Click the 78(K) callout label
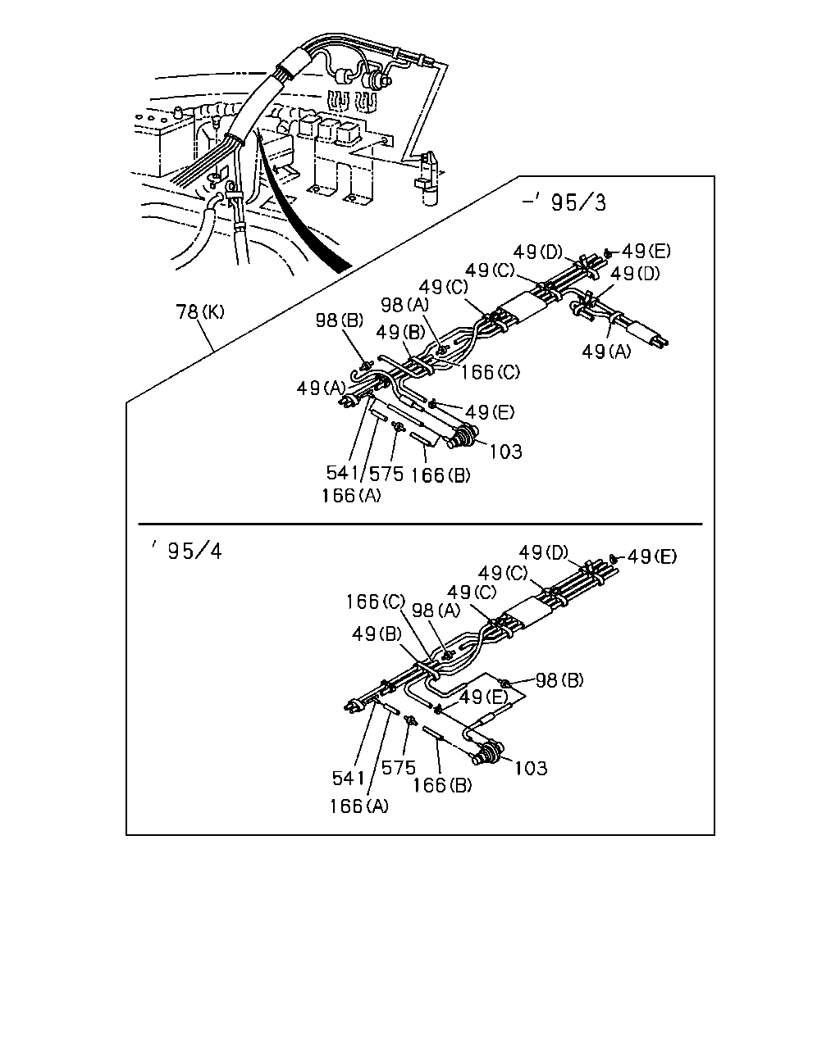coord(200,311)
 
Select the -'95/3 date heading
coord(564,202)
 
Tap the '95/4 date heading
coord(187,551)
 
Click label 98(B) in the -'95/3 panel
coord(340,320)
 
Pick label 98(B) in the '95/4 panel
coord(559,680)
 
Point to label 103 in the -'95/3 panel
coord(505,452)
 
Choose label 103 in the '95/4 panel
coord(531,768)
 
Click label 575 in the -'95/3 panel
coord(386,474)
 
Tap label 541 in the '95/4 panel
coord(349,778)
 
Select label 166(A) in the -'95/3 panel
coord(351,496)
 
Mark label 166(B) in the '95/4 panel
coord(442,785)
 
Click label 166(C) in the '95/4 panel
coord(376,602)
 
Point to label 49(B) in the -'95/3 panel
coord(400,333)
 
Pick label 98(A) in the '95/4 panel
coord(436,610)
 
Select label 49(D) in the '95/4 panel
coord(544,552)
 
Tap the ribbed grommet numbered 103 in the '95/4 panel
coord(488,754)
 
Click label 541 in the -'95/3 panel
coord(342,472)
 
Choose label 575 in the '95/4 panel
coord(399,768)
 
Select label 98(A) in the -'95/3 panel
coord(404,305)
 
